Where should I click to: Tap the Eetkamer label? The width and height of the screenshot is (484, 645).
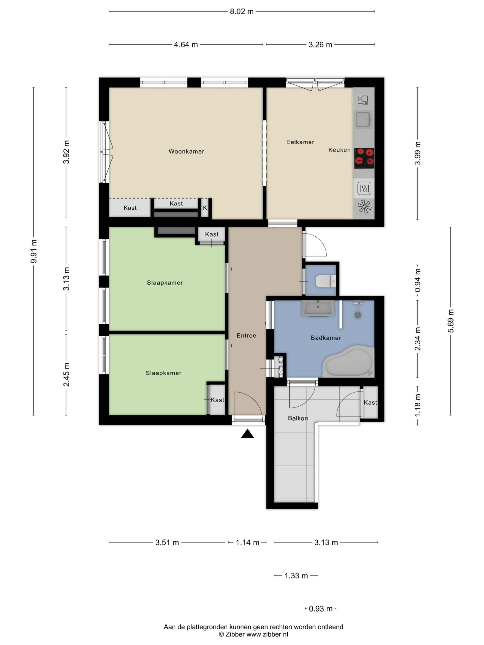point(300,142)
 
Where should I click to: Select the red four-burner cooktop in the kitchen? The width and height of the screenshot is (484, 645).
point(364,158)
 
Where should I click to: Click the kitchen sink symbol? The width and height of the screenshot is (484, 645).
point(364,120)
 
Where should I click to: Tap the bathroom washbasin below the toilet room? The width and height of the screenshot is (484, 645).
point(318,308)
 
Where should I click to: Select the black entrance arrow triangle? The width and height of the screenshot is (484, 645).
point(247,434)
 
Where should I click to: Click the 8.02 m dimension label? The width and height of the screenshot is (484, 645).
point(241,12)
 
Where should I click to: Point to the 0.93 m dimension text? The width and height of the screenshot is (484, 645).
point(321,609)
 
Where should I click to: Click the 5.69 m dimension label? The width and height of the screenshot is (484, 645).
point(451,321)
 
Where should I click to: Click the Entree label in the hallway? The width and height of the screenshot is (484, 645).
point(246,336)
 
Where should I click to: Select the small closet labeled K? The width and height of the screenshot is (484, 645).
point(205,208)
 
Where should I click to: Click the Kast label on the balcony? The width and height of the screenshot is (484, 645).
point(370,402)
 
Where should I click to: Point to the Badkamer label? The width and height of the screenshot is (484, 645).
point(326,338)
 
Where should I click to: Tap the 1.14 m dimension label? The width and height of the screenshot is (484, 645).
point(247,543)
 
